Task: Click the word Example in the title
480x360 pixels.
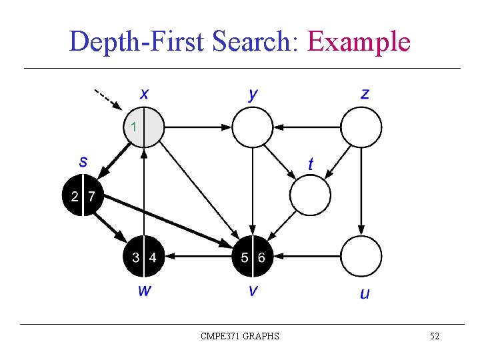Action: point(359,42)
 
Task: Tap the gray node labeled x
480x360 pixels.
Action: point(144,126)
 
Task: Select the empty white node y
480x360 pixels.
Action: point(253,127)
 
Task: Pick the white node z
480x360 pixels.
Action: point(361,127)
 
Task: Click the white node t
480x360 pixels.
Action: point(310,195)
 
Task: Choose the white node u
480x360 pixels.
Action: point(361,257)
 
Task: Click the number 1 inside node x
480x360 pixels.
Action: point(134,126)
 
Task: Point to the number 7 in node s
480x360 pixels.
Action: point(91,196)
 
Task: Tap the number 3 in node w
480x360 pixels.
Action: point(135,257)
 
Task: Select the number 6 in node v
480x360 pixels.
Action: point(261,257)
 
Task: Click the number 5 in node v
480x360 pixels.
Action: point(244,257)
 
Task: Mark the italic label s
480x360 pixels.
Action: point(83,161)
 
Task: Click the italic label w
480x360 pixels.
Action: point(143,290)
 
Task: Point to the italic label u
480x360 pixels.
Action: point(365,293)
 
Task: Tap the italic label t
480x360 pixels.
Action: point(311,163)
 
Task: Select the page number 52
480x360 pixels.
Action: point(434,336)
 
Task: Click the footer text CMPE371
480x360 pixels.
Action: point(219,336)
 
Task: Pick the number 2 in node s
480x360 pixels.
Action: point(75,196)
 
